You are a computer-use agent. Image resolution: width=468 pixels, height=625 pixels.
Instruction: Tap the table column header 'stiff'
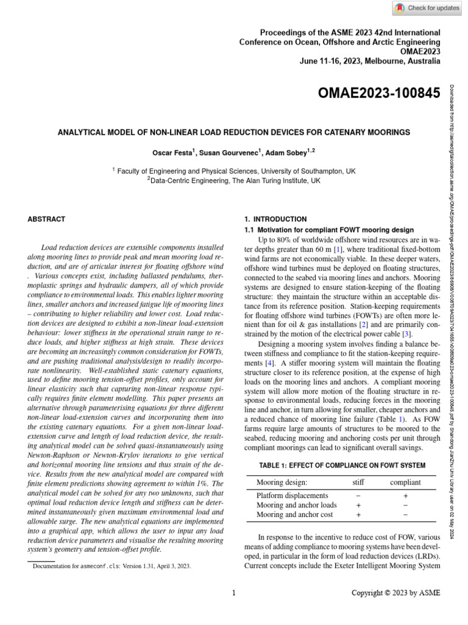[x=359, y=482]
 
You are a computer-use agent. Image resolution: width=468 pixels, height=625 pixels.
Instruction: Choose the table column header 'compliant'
[x=405, y=482]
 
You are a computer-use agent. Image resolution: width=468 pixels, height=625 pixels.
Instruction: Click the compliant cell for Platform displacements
[x=405, y=496]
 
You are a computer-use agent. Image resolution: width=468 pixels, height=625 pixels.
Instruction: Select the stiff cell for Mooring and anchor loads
[x=358, y=505]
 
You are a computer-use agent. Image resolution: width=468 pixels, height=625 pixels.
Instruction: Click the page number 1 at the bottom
[x=234, y=592]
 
